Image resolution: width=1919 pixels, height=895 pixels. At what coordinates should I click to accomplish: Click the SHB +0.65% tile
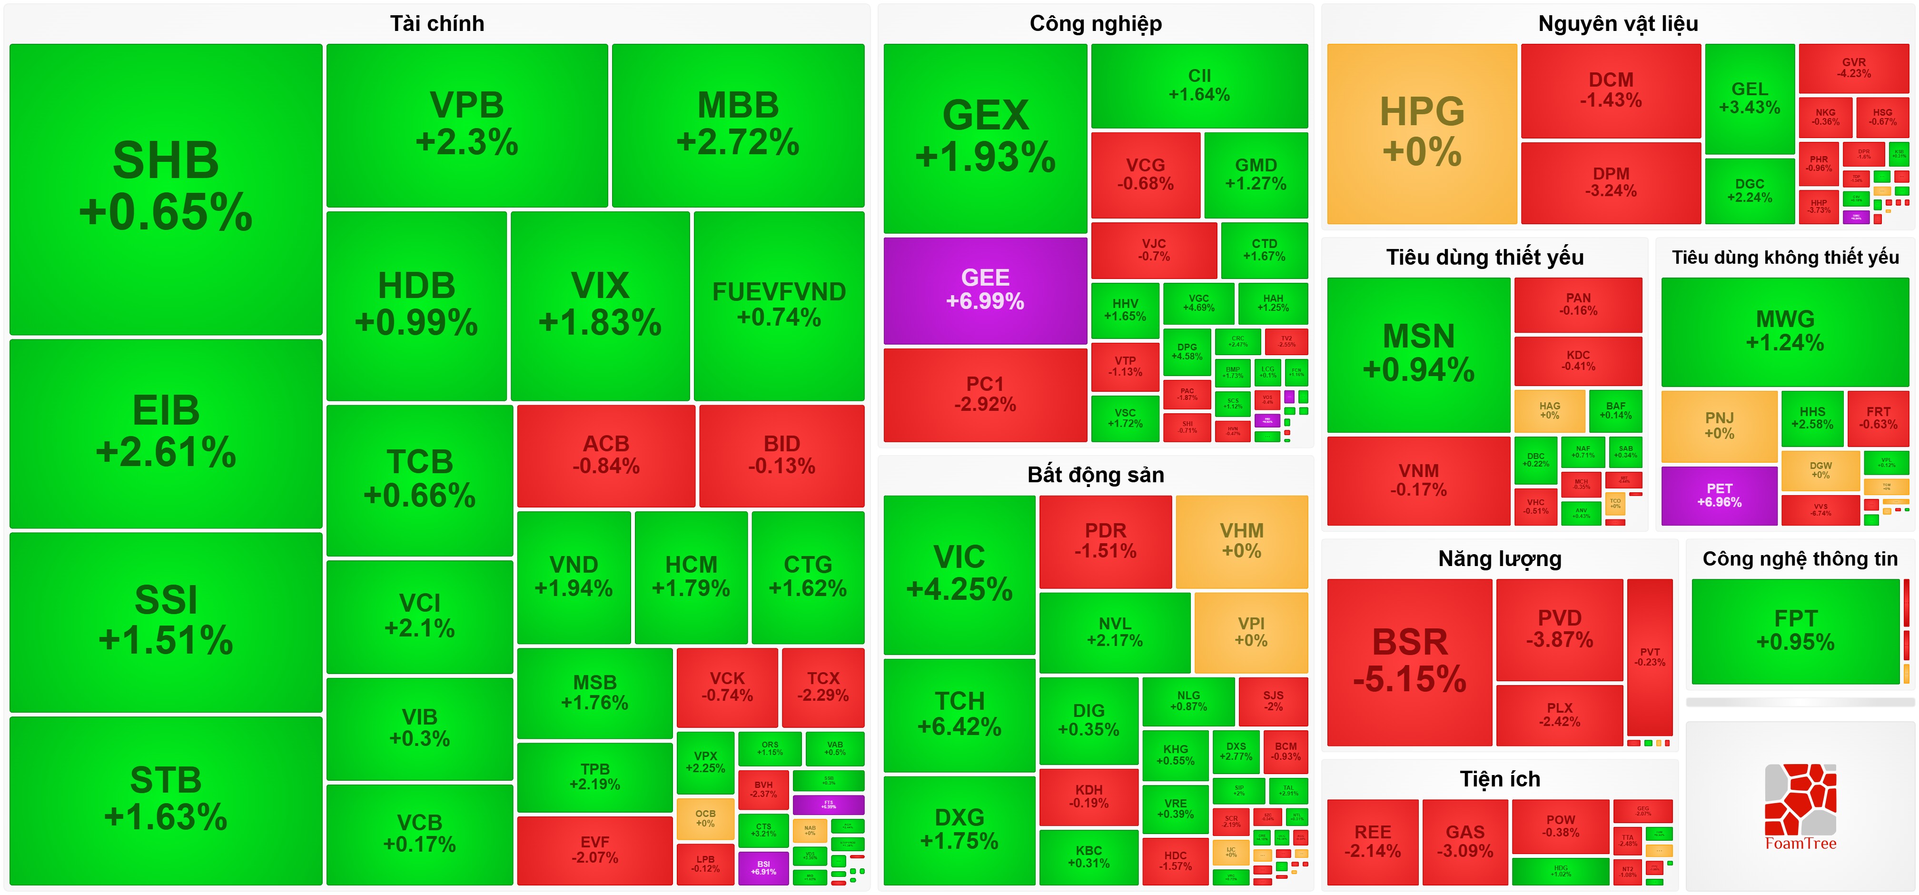[165, 188]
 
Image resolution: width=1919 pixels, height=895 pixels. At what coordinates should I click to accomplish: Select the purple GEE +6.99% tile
[985, 290]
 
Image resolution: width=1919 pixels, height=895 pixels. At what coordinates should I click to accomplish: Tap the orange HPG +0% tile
[1421, 133]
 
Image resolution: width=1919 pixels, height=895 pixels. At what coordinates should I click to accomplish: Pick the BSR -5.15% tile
[1409, 662]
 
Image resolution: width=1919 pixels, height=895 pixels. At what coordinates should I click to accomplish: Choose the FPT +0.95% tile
[1795, 630]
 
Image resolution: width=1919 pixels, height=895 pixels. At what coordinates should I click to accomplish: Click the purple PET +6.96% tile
[1719, 495]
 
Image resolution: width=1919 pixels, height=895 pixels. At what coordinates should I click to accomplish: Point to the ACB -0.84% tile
[606, 455]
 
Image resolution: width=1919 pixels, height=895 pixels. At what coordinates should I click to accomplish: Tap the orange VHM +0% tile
[1241, 541]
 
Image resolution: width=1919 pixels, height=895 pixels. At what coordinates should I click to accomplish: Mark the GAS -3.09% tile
[1464, 841]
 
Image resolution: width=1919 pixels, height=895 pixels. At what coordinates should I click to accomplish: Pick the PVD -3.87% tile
[1559, 629]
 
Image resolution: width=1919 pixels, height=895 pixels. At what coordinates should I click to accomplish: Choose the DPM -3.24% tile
[1611, 182]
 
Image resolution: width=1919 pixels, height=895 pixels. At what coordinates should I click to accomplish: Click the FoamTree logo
[1800, 807]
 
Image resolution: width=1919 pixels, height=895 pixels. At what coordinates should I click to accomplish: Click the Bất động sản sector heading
[1095, 475]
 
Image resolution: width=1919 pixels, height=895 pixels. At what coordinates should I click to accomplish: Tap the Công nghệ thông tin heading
[1800, 559]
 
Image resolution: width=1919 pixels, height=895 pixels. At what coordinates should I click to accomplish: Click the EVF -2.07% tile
[594, 850]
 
